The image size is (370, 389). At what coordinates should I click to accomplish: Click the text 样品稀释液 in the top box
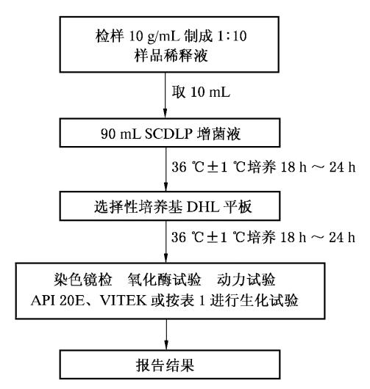pos(171,55)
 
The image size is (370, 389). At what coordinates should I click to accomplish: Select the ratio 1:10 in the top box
pos(232,36)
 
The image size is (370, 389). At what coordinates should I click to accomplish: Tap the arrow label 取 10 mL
pos(201,92)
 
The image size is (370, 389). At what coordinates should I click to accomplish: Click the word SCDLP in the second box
pos(168,134)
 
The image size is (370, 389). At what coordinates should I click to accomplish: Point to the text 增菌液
pos(219,134)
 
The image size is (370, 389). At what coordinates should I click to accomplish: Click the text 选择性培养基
pos(138,206)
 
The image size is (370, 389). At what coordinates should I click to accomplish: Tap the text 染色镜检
pos(83,280)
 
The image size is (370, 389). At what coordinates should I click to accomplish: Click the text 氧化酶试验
pos(164,280)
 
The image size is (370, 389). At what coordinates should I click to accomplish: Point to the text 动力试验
pos(246,280)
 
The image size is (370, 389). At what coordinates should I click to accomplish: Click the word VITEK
pos(124,300)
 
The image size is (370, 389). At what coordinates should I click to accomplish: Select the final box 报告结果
pos(170,365)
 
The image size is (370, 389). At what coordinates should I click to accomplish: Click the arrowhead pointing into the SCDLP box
pos(165,113)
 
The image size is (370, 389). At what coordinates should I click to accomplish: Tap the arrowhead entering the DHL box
pos(166,186)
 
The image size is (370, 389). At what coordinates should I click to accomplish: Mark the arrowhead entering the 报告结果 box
pos(166,345)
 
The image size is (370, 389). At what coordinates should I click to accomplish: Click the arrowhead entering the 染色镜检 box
pos(166,258)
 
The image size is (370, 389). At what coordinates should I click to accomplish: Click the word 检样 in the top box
pos(110,36)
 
